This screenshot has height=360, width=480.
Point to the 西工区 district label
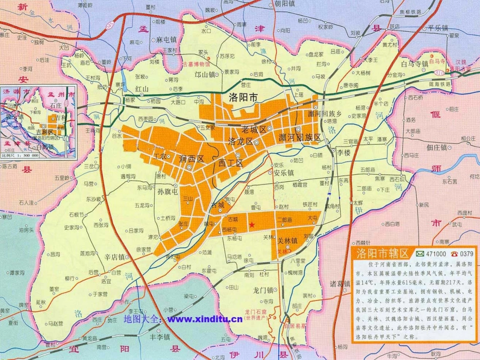(x=231, y=163)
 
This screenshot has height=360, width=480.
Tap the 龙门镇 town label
(x=263, y=290)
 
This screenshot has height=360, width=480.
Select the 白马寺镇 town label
(x=414, y=64)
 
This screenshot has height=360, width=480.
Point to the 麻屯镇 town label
(x=166, y=39)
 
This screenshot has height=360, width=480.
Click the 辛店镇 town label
(x=114, y=256)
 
